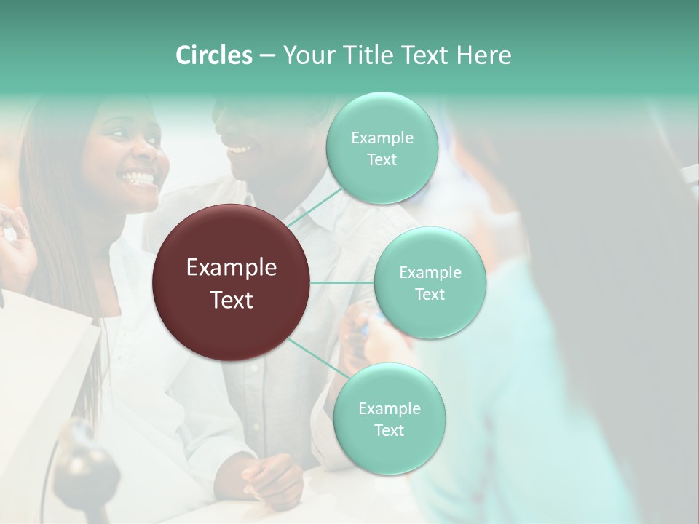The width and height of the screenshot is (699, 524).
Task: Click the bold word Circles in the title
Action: [213, 55]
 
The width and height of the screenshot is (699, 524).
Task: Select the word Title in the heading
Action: [362, 55]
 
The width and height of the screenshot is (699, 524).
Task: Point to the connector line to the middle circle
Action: [342, 282]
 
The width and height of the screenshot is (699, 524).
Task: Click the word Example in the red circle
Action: [232, 268]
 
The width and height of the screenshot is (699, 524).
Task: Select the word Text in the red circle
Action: [232, 300]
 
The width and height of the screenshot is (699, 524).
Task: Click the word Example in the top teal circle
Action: [382, 138]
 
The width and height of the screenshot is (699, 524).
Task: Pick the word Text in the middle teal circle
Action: [430, 295]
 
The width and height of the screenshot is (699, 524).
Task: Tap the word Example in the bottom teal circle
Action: [389, 409]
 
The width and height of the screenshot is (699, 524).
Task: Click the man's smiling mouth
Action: [238, 150]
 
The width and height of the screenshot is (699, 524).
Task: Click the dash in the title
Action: [267, 56]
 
